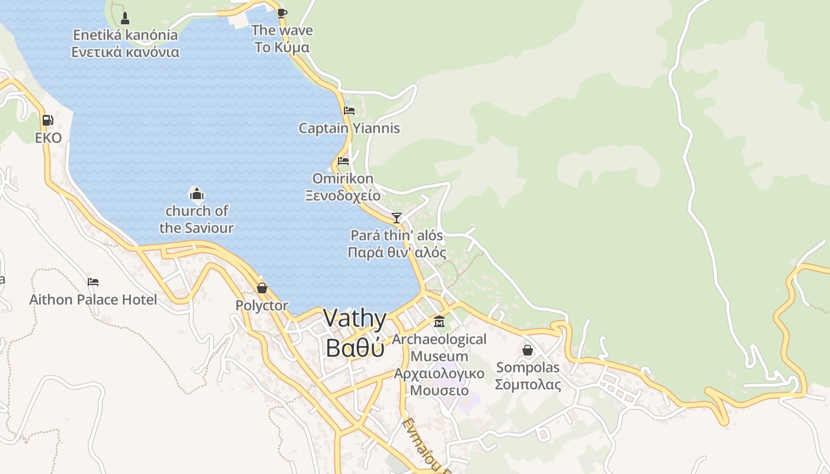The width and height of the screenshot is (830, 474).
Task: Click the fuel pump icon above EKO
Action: [x=47, y=120]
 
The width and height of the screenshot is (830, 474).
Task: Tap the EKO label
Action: [x=48, y=138]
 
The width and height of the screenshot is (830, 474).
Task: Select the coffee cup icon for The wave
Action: [x=282, y=13]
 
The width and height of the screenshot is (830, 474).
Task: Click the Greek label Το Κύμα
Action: [x=282, y=47]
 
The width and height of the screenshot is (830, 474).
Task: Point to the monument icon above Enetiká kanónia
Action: [x=124, y=18]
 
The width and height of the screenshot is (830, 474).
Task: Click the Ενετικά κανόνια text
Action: [x=125, y=52]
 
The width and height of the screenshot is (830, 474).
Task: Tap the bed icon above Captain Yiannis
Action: [x=349, y=110]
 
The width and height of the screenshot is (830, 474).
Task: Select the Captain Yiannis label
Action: [x=349, y=128]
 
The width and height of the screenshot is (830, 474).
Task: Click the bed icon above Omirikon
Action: [x=343, y=161]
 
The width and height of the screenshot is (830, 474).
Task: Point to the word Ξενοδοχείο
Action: [x=343, y=195]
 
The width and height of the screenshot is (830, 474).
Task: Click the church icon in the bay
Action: [x=196, y=193]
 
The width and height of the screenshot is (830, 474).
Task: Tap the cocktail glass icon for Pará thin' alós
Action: [x=397, y=217]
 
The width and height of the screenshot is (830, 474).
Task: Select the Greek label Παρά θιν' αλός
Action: [x=397, y=252]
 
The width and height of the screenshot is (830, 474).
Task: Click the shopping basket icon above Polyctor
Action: [x=261, y=288]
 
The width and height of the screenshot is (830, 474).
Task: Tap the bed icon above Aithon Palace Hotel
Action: [x=93, y=282]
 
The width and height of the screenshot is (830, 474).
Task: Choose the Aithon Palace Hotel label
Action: [x=93, y=300]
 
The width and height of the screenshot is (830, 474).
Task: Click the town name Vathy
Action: [x=355, y=318]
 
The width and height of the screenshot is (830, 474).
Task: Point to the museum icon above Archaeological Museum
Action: [x=439, y=322]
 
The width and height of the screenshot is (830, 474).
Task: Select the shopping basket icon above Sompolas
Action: [x=528, y=350]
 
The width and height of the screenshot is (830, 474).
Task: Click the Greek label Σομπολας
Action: [x=528, y=385]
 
